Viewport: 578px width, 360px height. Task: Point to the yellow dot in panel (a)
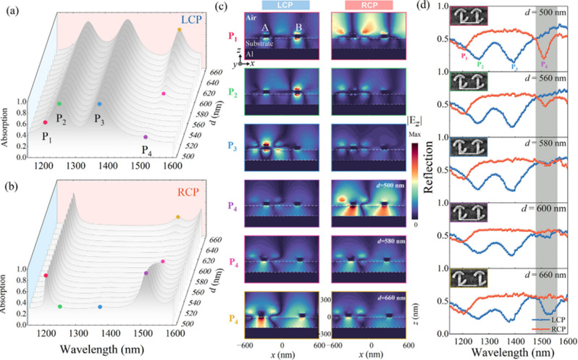pos(179,30)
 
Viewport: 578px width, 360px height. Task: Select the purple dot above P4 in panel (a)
pos(146,137)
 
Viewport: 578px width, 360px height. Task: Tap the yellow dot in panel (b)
pos(178,217)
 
